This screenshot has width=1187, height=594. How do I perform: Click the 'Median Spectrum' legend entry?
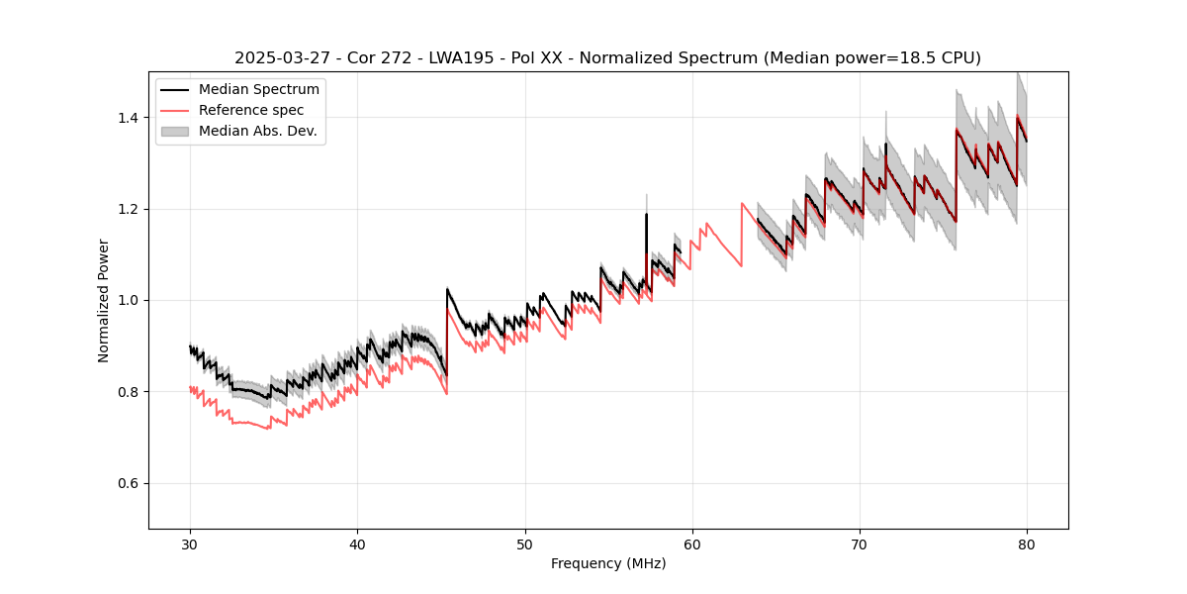click(258, 90)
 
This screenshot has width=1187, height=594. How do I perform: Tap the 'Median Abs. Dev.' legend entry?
click(257, 131)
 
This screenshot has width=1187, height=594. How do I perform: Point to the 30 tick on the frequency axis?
click(190, 544)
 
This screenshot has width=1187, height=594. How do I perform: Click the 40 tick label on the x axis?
click(357, 544)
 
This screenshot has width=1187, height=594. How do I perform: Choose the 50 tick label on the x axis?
click(524, 544)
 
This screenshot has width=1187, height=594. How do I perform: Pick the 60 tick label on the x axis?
click(692, 544)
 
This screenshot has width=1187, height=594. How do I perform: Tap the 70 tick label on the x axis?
click(860, 544)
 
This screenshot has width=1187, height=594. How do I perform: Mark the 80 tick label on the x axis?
click(1027, 544)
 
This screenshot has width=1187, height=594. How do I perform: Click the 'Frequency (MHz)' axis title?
click(608, 563)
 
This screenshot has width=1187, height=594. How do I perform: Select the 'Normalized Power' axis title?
click(104, 300)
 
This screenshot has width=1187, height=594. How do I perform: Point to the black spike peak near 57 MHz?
click(646, 214)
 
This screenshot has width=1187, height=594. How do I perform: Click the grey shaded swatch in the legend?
click(176, 131)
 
